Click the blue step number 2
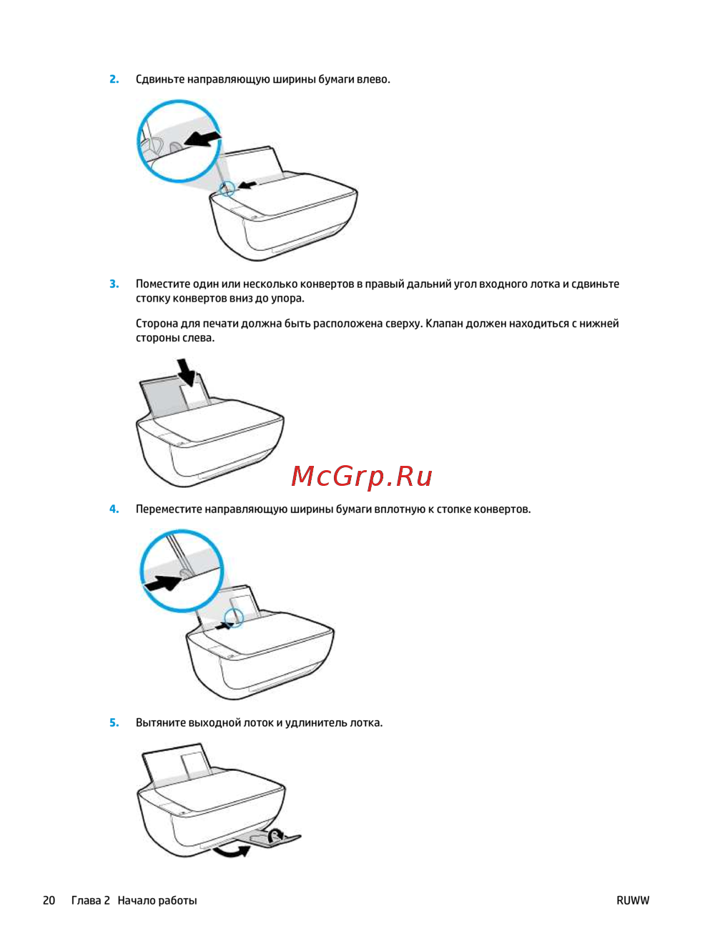point(114,79)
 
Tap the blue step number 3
point(114,284)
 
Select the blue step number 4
point(114,509)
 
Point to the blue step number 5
point(114,722)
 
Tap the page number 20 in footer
point(49,900)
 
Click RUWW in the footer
point(633,900)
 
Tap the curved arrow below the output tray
point(232,850)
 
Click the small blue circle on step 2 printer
point(227,189)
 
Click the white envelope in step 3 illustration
point(195,396)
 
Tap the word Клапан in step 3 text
point(444,324)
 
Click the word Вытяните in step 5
point(161,722)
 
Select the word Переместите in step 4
point(169,509)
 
